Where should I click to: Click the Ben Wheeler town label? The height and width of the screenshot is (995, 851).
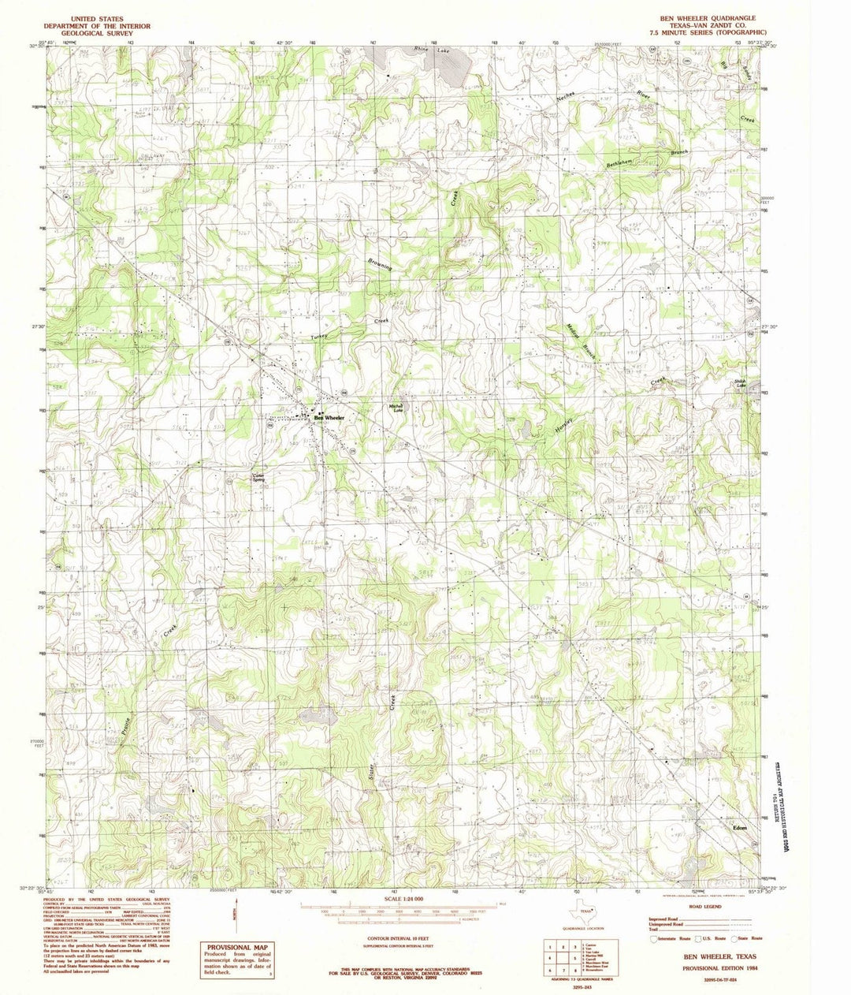pyautogui.click(x=330, y=416)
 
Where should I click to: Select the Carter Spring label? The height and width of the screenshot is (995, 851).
pyautogui.click(x=257, y=478)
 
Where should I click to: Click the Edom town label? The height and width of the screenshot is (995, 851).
pyautogui.click(x=739, y=828)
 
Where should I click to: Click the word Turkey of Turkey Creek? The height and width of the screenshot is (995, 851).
pyautogui.click(x=318, y=336)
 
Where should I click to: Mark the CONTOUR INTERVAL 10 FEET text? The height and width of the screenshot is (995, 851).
pyautogui.click(x=401, y=941)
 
